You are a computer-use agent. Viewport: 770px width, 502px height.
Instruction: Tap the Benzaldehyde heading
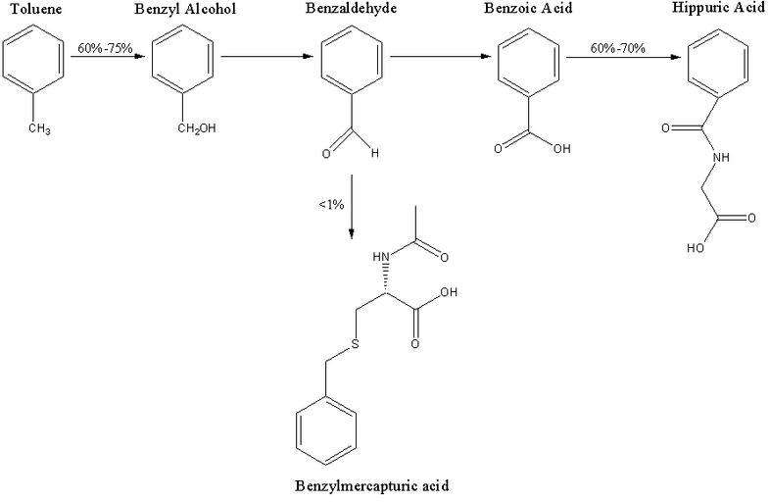click(x=347, y=11)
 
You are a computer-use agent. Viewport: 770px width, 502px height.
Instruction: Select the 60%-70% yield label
click(x=618, y=47)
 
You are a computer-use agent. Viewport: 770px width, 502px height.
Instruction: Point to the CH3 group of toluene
click(x=40, y=131)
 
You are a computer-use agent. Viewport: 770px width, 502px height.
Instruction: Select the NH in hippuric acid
click(x=722, y=157)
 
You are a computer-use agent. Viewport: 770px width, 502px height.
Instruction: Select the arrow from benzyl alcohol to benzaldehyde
click(x=265, y=56)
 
